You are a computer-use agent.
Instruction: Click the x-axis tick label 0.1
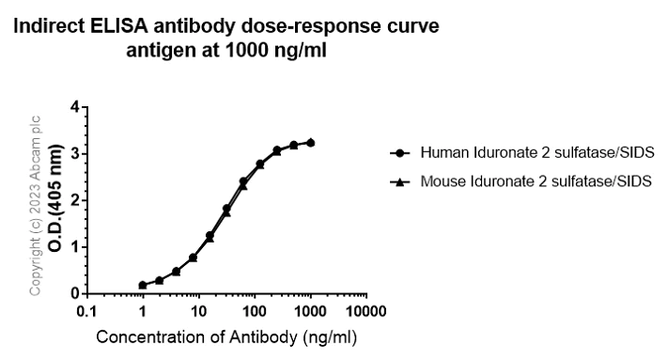coord(86,310)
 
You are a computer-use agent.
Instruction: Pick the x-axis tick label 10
coord(197,310)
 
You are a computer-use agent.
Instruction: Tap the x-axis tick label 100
coord(253,310)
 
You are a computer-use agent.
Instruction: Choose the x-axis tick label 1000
coord(308,310)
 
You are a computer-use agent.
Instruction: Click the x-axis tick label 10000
coord(364,310)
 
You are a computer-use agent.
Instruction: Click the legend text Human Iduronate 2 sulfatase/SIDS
coord(536,152)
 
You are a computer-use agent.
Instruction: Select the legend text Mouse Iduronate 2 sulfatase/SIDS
coord(536,179)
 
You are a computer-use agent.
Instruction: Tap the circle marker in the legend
coord(400,152)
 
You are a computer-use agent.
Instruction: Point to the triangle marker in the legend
coord(400,179)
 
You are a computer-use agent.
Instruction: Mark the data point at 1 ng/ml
coord(143,285)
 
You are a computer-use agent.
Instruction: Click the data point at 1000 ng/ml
coord(310,143)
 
